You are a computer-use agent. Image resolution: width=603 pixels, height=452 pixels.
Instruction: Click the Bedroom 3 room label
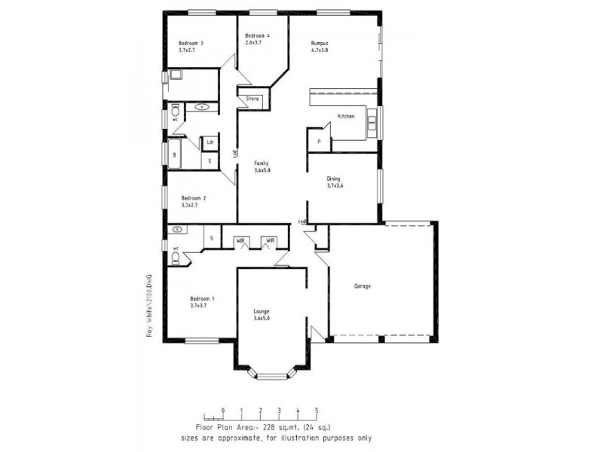tap(191, 44)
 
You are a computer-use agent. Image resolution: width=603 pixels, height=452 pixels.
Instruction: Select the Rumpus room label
tap(320, 44)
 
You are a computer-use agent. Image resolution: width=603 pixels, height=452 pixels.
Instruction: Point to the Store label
tap(252, 99)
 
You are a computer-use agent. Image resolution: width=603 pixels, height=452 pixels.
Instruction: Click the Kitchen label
tap(346, 117)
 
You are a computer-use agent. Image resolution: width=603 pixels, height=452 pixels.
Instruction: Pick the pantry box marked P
tap(319, 142)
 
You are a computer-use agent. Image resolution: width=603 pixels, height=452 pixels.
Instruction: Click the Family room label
tap(262, 163)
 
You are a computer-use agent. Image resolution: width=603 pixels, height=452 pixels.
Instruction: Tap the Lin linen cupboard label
tap(210, 142)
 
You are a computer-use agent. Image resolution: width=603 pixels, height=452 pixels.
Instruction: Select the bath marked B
tap(175, 155)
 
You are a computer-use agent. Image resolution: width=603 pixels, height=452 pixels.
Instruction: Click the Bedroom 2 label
tap(194, 198)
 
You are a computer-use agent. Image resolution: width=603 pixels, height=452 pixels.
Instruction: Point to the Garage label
tap(363, 286)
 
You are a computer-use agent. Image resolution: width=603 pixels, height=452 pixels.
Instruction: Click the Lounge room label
tap(262, 311)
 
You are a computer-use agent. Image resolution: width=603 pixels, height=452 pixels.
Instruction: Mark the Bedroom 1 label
tap(203, 299)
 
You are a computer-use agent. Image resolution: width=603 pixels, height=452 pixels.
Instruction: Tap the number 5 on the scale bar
tap(317, 411)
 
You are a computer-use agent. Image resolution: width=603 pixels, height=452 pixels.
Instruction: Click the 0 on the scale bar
tap(222, 411)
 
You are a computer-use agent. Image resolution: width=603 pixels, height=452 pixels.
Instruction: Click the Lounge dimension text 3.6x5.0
tap(262, 319)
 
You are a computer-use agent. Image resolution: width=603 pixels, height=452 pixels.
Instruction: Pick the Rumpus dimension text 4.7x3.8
tap(320, 51)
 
